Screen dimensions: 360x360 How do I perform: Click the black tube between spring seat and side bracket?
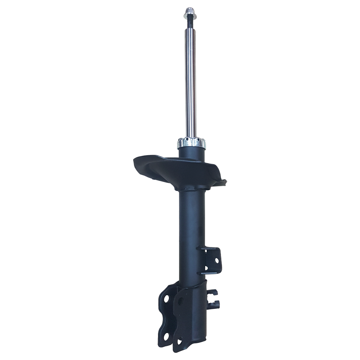[191, 220]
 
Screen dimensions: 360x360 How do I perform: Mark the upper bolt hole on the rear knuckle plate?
[166, 298]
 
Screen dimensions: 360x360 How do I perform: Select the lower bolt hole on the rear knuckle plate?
[166, 337]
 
